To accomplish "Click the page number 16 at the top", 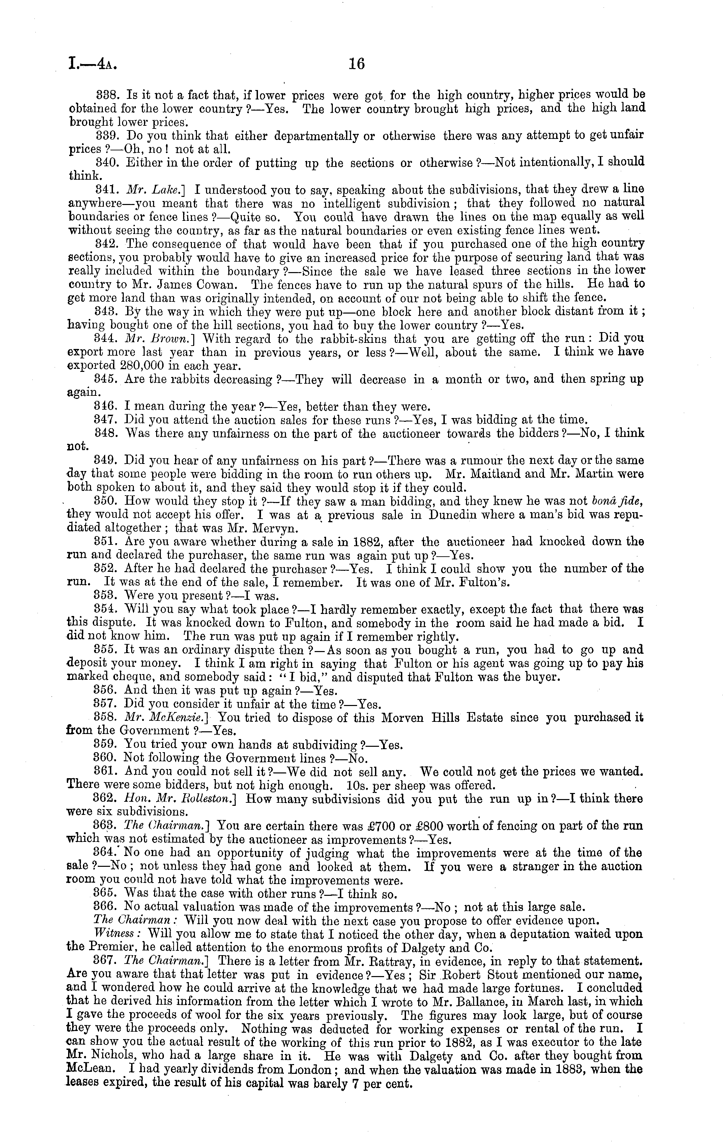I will [x=356, y=64].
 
